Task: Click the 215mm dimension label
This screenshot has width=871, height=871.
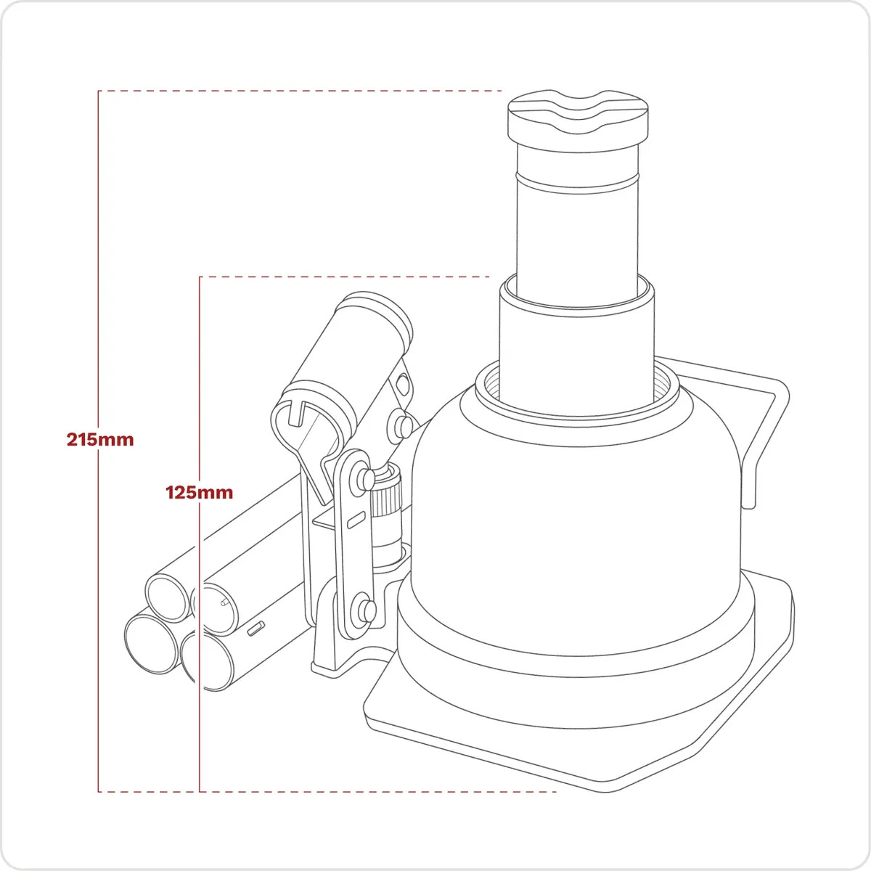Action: (100, 440)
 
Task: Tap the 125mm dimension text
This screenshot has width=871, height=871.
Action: (199, 492)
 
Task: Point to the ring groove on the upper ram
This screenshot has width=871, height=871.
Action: (578, 184)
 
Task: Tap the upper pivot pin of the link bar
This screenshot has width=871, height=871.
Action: (365, 479)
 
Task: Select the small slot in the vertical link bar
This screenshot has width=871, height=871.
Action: (356, 520)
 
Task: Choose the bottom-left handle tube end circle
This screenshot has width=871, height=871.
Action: (152, 645)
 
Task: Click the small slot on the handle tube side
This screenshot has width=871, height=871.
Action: (256, 629)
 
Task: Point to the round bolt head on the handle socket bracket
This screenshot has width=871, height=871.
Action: (401, 424)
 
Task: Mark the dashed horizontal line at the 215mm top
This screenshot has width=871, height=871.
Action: (300, 91)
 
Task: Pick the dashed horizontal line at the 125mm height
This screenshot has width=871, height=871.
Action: (345, 277)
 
